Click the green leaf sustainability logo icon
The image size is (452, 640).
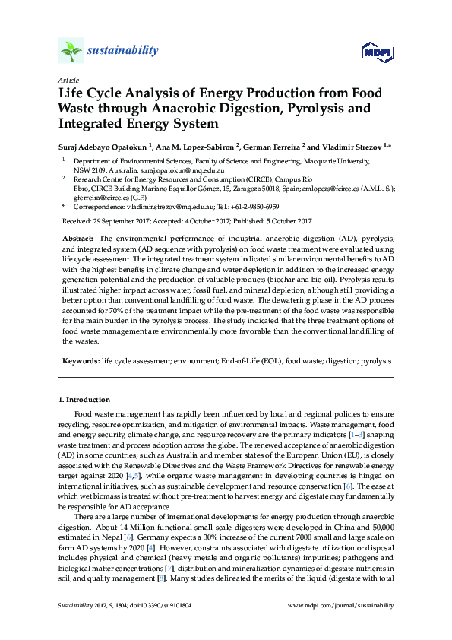click(71, 51)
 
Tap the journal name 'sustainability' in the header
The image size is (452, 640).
click(123, 51)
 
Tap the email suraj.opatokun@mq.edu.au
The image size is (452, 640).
click(172, 172)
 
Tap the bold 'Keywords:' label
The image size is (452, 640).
click(81, 362)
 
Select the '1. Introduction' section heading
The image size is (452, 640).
click(84, 400)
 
